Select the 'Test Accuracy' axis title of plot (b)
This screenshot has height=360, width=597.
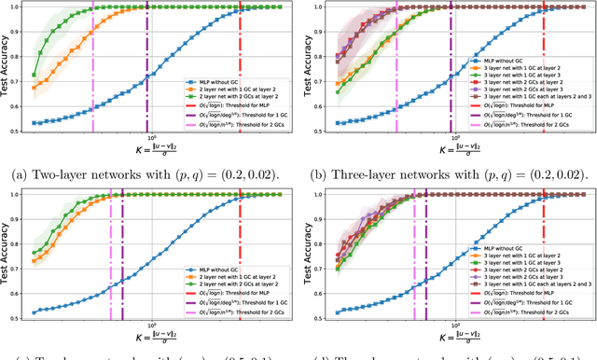pyautogui.click(x=312, y=67)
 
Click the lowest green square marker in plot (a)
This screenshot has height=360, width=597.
pyautogui.click(x=35, y=75)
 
